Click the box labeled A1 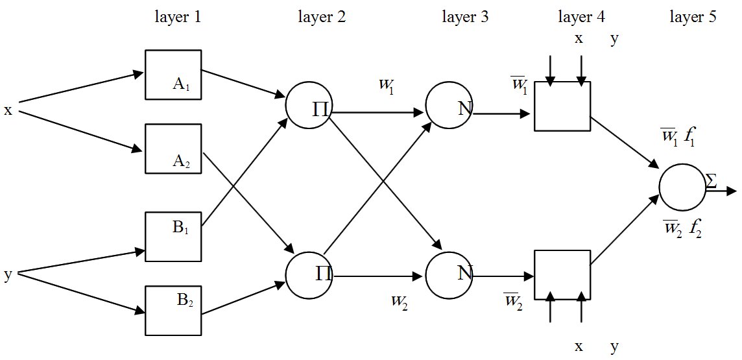pyautogui.click(x=173, y=76)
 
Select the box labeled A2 pyautogui.click(x=173, y=149)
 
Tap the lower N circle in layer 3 pyautogui.click(x=449, y=272)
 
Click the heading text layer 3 pyautogui.click(x=465, y=18)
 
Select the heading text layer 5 pyautogui.click(x=693, y=18)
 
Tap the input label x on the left pyautogui.click(x=8, y=110)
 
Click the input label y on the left pyautogui.click(x=8, y=275)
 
